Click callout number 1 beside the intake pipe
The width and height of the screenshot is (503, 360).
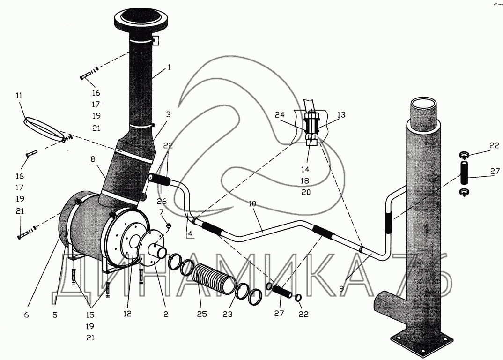point(169,67)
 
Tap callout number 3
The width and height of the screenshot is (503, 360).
point(169,114)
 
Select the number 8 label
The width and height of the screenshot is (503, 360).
point(93,158)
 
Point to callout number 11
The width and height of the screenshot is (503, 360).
point(19,95)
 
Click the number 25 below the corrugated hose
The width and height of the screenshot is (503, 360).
point(202,314)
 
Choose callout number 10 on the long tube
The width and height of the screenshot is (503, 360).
point(252,203)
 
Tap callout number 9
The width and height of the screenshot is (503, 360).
point(341,288)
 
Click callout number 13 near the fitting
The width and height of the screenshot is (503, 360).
point(341,115)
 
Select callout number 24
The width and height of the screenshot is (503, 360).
point(280,115)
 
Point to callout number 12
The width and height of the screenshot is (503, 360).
point(127,314)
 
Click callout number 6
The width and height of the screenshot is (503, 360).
point(26,315)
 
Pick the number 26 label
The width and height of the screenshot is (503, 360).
point(162,202)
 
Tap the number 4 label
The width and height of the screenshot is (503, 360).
point(190,233)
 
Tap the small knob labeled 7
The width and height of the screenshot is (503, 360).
point(169,225)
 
